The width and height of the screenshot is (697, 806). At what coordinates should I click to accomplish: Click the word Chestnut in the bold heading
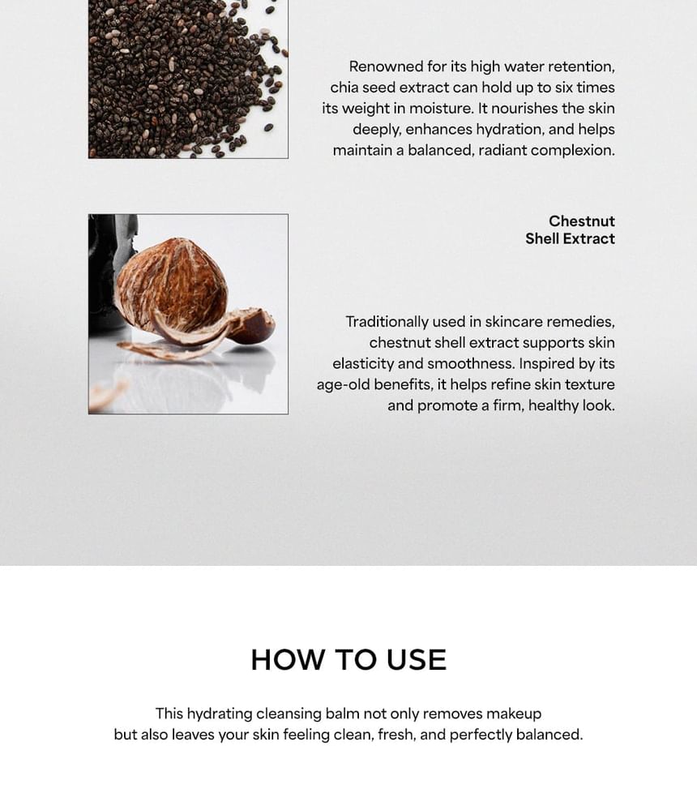(x=581, y=221)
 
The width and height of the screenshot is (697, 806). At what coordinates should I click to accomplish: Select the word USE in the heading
(x=416, y=659)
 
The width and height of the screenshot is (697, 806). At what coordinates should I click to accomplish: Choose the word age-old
(x=341, y=385)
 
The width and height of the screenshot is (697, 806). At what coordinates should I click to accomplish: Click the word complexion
(x=573, y=151)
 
